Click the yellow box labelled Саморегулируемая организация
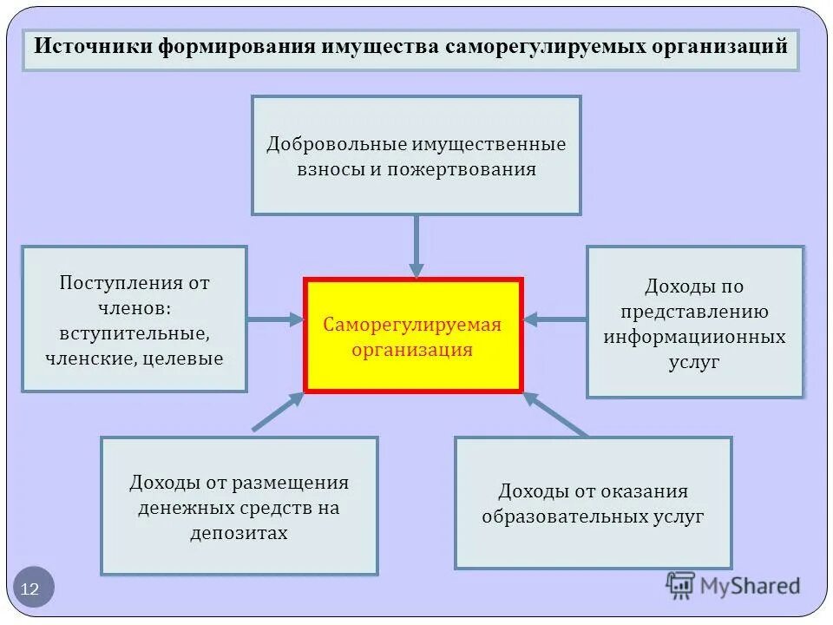[413, 335]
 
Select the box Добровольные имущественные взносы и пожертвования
[416, 155]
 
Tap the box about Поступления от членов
[134, 319]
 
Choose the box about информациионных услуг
[695, 322]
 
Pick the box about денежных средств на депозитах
[239, 505]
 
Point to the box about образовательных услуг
[593, 503]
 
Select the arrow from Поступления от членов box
[275, 319]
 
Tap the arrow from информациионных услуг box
[554, 319]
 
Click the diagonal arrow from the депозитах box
[278, 411]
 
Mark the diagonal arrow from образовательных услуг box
[555, 413]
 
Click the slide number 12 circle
[33, 588]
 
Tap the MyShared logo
[732, 586]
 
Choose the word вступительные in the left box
[134, 332]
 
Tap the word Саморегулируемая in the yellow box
[413, 325]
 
